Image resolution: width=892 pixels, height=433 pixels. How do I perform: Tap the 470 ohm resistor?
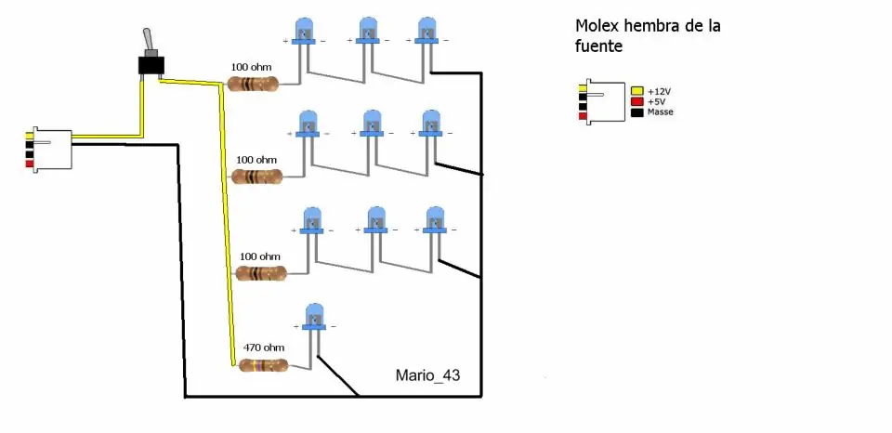263,366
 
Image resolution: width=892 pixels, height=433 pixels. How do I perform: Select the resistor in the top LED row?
253,85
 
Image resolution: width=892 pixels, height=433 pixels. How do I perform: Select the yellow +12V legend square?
637,90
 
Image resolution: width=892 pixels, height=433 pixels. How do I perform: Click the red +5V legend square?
637,101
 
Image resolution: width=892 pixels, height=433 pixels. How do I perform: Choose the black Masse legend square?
637,112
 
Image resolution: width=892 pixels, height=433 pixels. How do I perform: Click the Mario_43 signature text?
427,375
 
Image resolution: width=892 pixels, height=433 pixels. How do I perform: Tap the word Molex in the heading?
597,26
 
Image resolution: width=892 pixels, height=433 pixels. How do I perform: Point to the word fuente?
599,46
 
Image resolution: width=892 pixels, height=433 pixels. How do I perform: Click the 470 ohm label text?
264,348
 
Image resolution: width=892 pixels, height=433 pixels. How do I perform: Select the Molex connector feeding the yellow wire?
49,150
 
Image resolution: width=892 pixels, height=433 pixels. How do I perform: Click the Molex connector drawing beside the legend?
602,101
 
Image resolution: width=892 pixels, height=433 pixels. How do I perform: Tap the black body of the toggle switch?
151,65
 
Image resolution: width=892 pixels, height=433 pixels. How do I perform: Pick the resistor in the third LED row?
261,273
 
